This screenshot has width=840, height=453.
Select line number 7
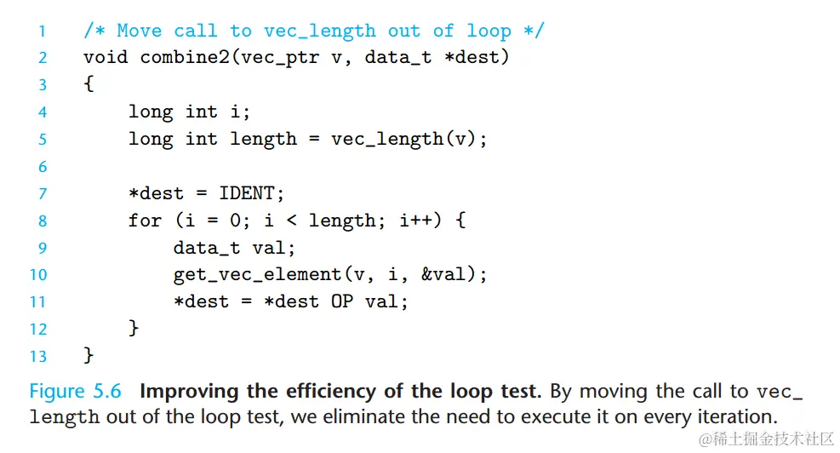(43, 194)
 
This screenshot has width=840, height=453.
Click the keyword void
(106, 58)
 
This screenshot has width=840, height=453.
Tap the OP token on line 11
(342, 301)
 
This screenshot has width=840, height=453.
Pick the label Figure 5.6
(75, 392)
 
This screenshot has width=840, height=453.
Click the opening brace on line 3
(89, 85)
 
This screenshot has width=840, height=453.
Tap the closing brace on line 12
(134, 328)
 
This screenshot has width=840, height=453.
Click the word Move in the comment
(139, 32)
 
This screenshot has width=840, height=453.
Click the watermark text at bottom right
(766, 438)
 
